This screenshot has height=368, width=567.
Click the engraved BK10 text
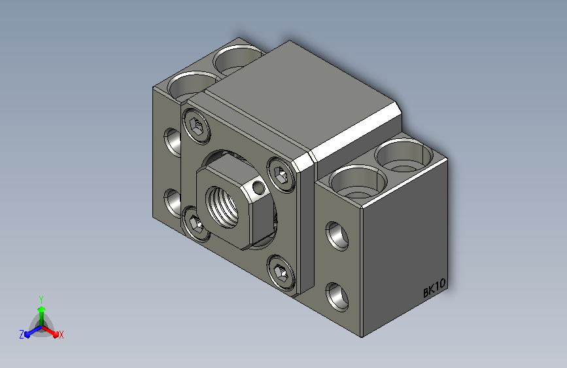[x=434, y=287]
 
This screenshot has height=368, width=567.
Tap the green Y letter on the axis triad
[x=41, y=299]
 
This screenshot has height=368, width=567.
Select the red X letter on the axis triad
[x=61, y=335]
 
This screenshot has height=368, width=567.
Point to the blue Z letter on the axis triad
[x=22, y=335]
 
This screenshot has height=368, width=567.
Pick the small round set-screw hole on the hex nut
[x=258, y=187]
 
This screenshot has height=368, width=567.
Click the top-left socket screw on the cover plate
[x=197, y=126]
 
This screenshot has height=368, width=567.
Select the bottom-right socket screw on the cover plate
[x=281, y=273]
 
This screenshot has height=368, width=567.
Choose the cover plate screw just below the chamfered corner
[x=281, y=175]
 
